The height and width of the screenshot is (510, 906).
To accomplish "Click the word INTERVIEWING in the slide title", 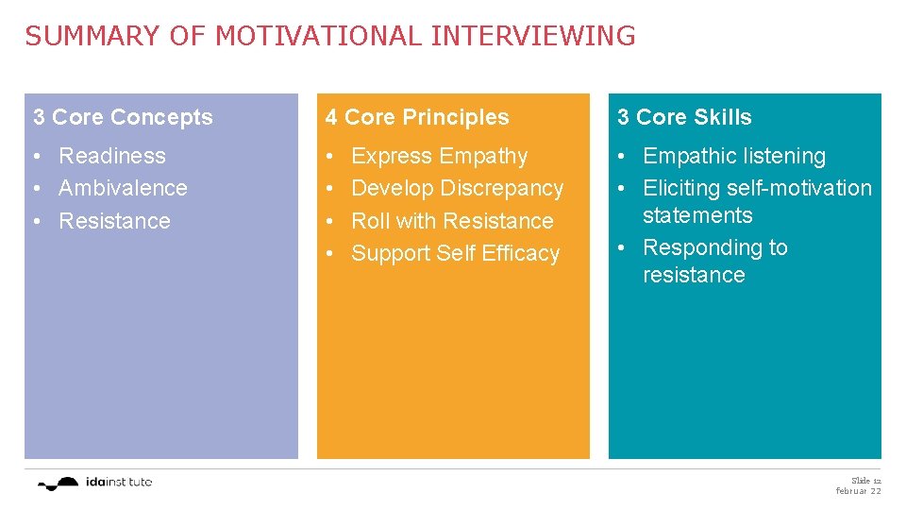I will (x=532, y=37).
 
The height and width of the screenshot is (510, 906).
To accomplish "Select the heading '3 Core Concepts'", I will (x=123, y=118).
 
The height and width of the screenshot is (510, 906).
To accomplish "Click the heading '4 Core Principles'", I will (x=416, y=118).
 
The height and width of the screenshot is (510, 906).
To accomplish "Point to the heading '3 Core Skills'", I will (x=684, y=118).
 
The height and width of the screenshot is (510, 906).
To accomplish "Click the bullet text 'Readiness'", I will (x=112, y=156).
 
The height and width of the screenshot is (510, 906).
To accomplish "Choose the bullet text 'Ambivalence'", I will (x=123, y=188).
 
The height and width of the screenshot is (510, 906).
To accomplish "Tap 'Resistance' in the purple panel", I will (x=114, y=221).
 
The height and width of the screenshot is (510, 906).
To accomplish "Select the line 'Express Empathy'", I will (x=439, y=156).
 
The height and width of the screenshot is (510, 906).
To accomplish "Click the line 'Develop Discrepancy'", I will (x=457, y=188).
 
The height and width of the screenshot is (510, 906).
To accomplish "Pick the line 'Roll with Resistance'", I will (x=452, y=221).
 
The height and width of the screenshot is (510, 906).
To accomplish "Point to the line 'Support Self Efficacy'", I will (x=455, y=253).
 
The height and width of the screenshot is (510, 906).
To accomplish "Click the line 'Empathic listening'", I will (x=733, y=156).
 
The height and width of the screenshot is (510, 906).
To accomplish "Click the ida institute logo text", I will (x=118, y=482).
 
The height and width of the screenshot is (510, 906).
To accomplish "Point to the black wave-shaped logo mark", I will (x=59, y=484).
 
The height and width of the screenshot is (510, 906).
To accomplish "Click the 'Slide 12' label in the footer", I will (x=865, y=480).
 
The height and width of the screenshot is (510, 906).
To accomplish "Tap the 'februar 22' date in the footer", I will (x=858, y=491).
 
